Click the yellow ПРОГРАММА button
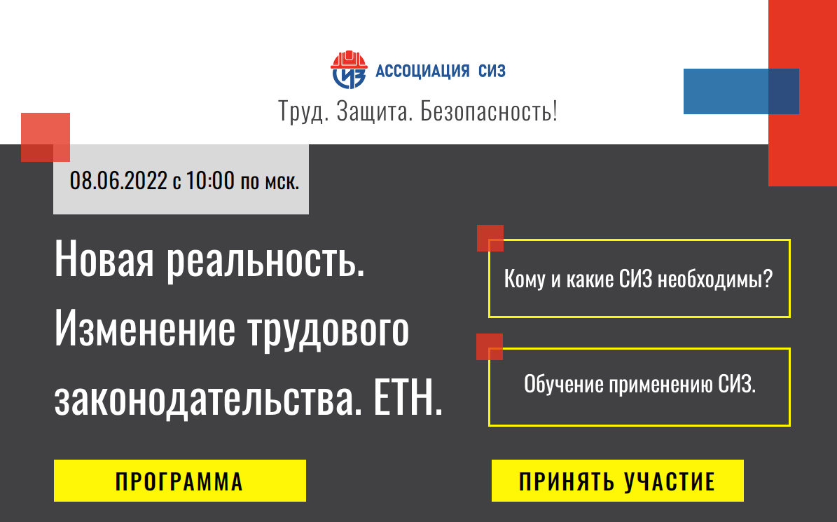180,481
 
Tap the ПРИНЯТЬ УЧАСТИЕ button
618,481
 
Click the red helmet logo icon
349,69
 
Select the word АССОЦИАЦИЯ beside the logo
422,71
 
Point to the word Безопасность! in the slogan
489,111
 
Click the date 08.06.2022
118,181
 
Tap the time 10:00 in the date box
210,181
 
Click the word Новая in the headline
104,259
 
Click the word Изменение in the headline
145,329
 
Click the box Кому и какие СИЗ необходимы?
639,279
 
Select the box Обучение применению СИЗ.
639,387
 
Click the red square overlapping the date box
46,137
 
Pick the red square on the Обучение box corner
490,347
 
